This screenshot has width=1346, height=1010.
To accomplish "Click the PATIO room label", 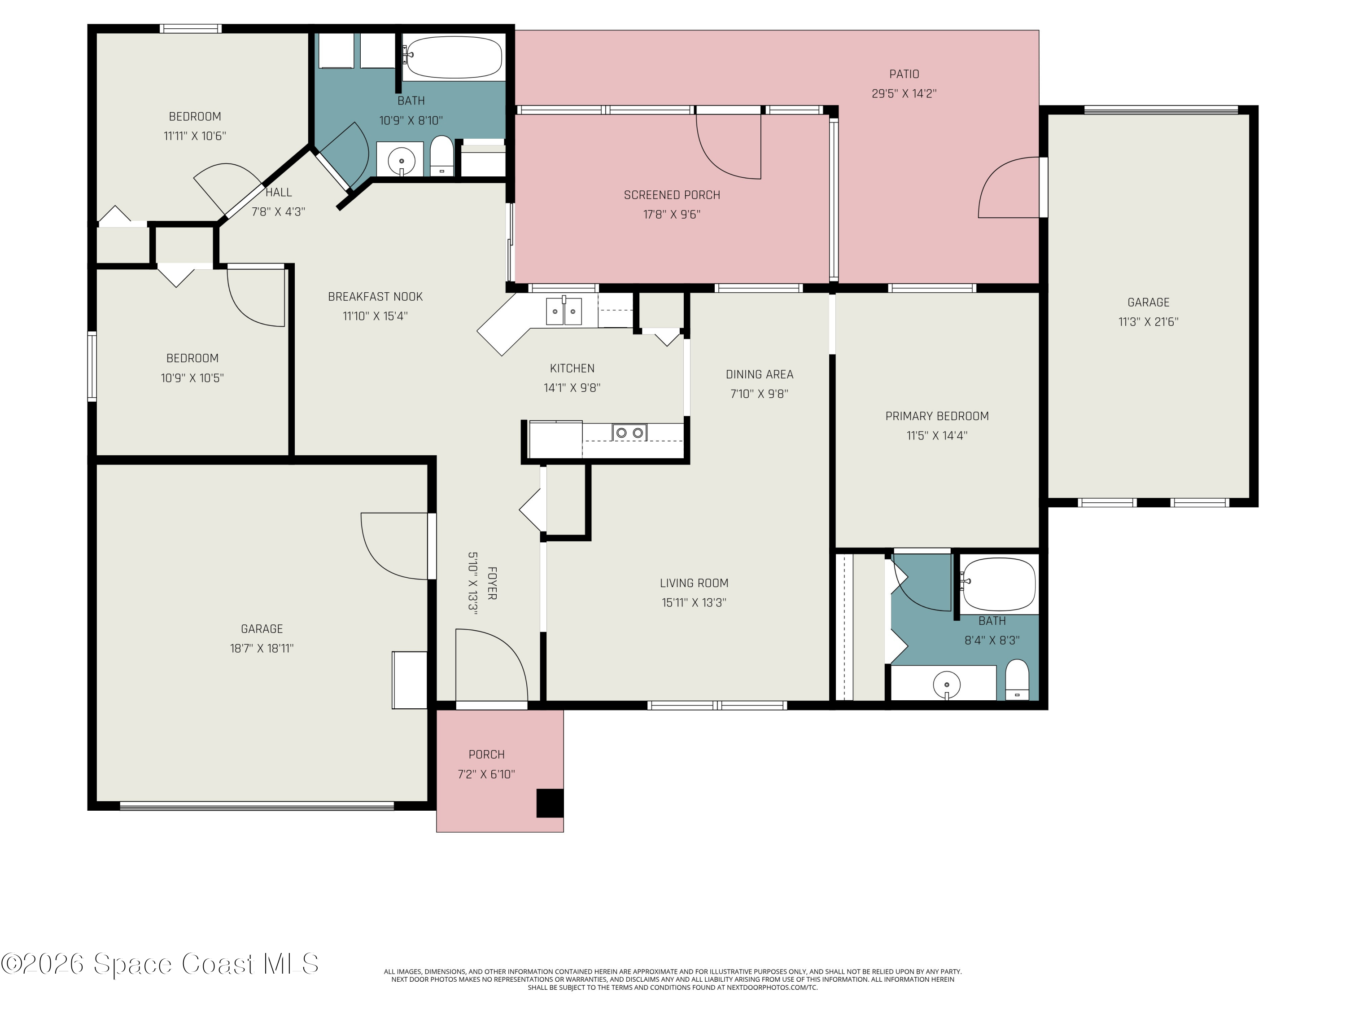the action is [x=904, y=74].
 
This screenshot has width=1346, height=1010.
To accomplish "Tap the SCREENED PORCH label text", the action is [x=672, y=195].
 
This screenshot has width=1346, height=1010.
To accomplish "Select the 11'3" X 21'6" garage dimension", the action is [x=1148, y=322].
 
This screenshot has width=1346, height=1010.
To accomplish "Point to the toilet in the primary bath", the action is [x=1017, y=680].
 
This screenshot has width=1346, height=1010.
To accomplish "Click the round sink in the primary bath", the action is [x=946, y=685].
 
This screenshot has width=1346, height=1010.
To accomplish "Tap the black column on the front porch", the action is [x=550, y=803].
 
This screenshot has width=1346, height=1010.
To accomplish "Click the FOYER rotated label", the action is [x=492, y=583].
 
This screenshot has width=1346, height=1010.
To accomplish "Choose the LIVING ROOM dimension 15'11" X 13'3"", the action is [x=694, y=603].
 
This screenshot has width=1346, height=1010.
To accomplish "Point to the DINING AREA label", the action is [x=760, y=374].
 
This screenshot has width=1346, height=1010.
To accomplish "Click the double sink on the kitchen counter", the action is [x=564, y=311].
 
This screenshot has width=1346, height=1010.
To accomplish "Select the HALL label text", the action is [x=279, y=193].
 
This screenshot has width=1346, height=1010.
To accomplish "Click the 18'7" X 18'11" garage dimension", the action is [x=262, y=648].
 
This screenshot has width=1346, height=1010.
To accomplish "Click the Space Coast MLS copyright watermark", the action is [x=159, y=964].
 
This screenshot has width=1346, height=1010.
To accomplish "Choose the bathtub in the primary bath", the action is [x=999, y=585].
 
